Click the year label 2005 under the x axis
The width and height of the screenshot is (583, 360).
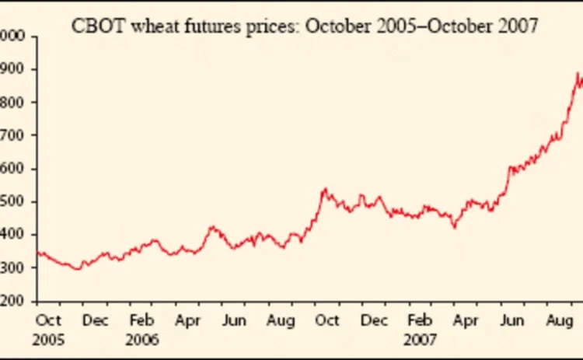coord(48,340)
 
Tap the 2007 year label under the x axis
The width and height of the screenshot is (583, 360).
coord(421,340)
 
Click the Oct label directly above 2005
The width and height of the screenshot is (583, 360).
coord(48,320)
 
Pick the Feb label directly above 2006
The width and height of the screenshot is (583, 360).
coord(142,320)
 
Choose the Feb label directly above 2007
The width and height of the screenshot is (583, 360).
coord(421,320)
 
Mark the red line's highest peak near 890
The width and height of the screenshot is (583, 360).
coord(578,74)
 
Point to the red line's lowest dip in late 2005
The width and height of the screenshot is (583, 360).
coord(77,269)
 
